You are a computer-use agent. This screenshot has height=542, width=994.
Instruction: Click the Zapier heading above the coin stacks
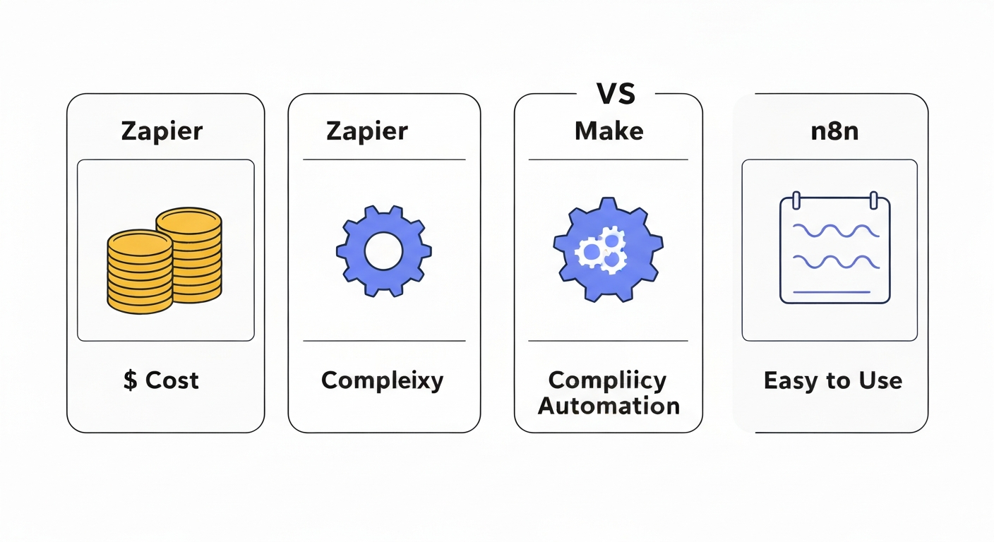tap(162, 131)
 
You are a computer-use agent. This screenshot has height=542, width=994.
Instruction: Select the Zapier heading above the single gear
tap(366, 131)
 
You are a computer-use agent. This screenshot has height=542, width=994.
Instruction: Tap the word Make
tap(609, 131)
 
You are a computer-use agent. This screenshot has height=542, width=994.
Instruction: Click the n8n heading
tap(834, 131)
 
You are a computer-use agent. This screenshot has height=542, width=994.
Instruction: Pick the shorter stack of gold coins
tap(140, 272)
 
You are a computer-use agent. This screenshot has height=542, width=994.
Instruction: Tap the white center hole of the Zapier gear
tap(383, 251)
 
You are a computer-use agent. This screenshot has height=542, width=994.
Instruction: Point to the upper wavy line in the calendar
tap(836, 231)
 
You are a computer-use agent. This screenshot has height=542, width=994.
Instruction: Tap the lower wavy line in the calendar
tap(836, 262)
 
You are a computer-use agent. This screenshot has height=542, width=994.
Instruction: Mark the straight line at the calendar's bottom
tap(836, 291)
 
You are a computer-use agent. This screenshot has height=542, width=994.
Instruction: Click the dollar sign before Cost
tap(130, 380)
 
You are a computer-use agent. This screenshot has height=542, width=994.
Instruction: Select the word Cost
tap(172, 380)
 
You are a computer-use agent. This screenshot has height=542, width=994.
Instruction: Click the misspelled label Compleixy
tap(382, 381)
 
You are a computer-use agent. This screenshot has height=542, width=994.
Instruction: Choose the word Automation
tap(609, 406)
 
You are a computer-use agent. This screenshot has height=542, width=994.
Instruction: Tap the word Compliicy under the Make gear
tap(607, 381)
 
